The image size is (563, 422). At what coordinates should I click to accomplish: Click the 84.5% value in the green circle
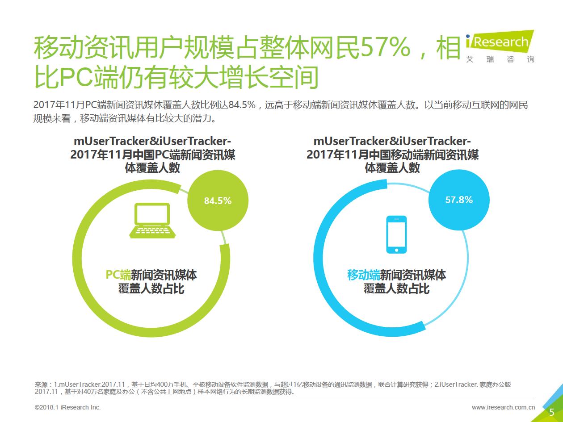point(218,201)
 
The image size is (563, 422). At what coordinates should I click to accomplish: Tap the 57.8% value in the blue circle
point(459,200)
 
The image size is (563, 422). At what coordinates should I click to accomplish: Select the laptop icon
point(152,220)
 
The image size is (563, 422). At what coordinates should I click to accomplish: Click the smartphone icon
point(396,234)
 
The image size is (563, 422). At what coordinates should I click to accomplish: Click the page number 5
point(551,412)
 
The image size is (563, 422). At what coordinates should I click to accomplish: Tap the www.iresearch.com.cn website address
point(503,407)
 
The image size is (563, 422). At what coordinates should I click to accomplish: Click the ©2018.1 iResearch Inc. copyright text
point(67,407)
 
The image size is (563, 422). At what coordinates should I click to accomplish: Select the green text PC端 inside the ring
point(118,275)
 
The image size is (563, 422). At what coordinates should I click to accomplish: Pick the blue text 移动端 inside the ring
point(363,275)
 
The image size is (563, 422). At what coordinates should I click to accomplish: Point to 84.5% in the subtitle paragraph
point(242,105)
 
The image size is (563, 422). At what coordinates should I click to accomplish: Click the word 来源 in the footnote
point(41,384)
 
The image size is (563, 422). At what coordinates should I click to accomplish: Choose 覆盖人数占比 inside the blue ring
point(396,289)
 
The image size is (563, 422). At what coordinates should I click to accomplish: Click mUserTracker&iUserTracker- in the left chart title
point(153,141)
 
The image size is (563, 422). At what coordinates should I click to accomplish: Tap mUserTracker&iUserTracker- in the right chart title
point(392,141)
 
